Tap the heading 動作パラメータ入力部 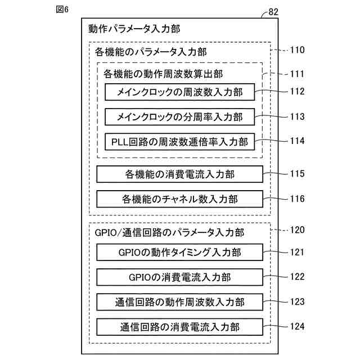(134, 29)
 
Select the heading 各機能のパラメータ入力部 (151, 52)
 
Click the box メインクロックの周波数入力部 (179, 92)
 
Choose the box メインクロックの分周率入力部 (179, 117)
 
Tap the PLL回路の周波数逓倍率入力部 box (179, 141)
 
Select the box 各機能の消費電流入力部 (179, 174)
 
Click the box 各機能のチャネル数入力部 (179, 199)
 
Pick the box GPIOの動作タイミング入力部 (179, 252)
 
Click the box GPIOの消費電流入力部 (179, 277)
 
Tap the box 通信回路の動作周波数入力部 (179, 301)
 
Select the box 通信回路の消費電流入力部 (179, 326)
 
